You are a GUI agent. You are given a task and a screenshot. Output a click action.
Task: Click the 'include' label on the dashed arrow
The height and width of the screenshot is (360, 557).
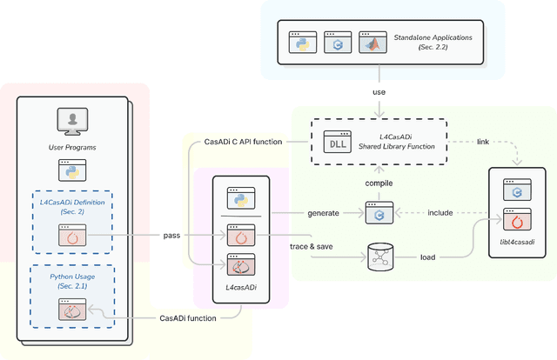[440, 211]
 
